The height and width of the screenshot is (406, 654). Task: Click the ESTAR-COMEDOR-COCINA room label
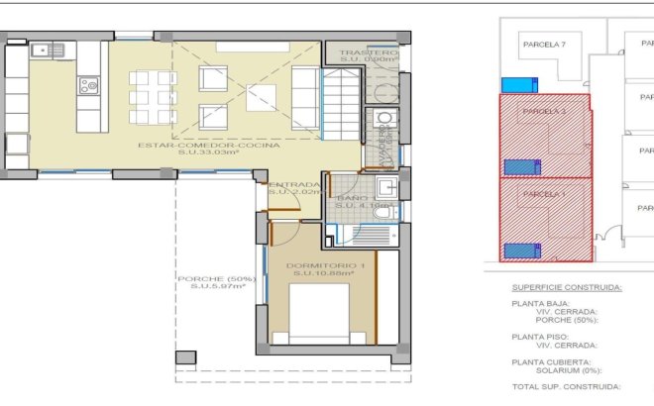tap(223, 145)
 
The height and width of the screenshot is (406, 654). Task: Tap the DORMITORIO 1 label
tap(326, 266)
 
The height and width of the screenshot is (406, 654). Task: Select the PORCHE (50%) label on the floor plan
tap(216, 278)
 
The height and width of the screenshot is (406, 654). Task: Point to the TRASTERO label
tap(368, 52)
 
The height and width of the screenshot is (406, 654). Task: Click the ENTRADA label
tap(294, 184)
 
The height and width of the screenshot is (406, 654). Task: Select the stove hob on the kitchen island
tap(89, 87)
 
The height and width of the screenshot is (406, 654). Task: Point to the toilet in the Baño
tap(381, 214)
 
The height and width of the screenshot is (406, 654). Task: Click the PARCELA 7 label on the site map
tap(543, 45)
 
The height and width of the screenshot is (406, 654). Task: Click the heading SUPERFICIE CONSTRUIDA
tap(567, 287)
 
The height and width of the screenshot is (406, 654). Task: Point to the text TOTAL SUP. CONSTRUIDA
tap(566, 387)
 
